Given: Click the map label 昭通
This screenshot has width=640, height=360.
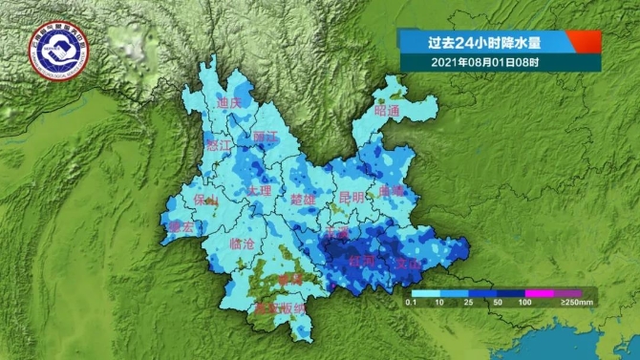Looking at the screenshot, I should click(x=387, y=111).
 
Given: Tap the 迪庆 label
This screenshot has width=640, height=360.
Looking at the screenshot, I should click(x=229, y=102).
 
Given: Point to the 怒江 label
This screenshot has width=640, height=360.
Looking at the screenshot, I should click(x=219, y=146).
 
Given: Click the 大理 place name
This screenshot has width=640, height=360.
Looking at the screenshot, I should click(x=260, y=191).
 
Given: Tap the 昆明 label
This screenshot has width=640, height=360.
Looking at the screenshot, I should click(x=352, y=197).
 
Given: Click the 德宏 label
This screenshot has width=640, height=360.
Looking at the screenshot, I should click(x=180, y=227).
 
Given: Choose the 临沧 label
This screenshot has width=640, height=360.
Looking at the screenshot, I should click(x=243, y=244).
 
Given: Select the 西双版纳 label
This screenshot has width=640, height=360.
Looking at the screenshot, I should click(x=280, y=308).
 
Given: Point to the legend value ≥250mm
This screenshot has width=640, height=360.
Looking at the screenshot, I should click(x=578, y=303).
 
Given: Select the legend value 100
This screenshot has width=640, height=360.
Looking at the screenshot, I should click(x=524, y=303).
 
